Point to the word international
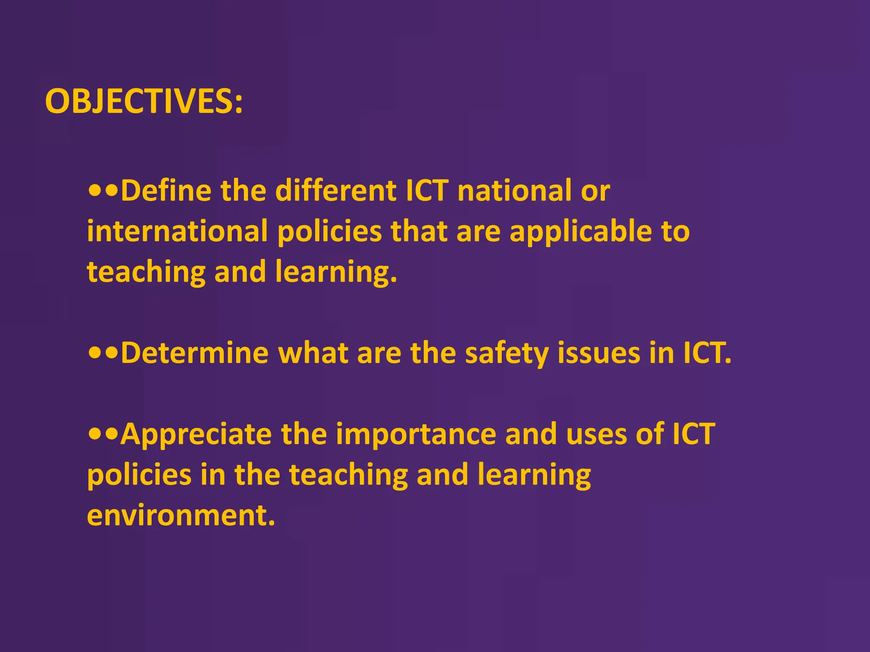point(177,231)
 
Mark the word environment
point(181,515)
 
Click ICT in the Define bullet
point(427,191)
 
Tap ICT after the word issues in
point(707,353)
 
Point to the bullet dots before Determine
point(103,353)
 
